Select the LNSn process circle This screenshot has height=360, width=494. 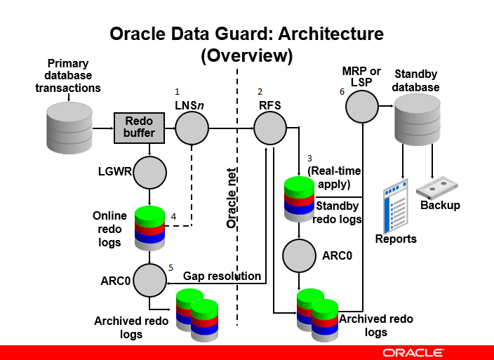coord(192,129)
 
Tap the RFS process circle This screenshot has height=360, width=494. coord(270,129)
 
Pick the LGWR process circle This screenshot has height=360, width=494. coord(149,171)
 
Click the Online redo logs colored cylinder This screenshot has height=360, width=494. coord(148,225)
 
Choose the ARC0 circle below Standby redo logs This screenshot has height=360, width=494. coord(300,255)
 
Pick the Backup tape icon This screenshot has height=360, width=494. coord(439,188)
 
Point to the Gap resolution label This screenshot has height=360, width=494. coord(222,276)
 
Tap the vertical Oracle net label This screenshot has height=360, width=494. coord(232,198)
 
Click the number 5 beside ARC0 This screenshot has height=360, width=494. coord(170,267)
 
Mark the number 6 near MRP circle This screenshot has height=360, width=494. coord(342,91)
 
